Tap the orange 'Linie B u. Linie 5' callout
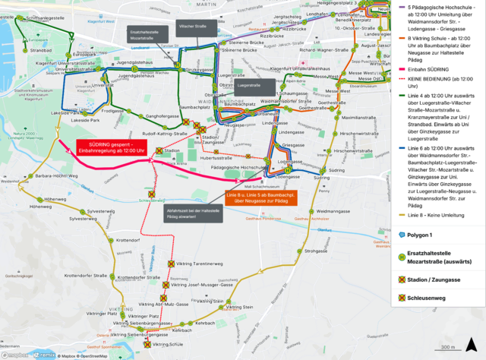256,198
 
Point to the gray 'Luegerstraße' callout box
249,86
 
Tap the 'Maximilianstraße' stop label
360,118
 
